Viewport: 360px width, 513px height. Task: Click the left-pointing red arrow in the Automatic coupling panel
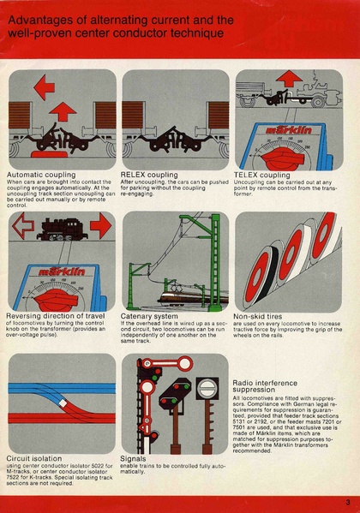(x=43, y=86)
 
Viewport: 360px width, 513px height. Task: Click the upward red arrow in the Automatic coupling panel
(x=61, y=110)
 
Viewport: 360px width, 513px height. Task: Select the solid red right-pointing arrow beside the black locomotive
(x=100, y=226)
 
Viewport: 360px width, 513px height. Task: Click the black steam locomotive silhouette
(x=61, y=228)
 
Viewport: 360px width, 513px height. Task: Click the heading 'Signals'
(x=135, y=458)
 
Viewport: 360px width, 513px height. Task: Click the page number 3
(x=348, y=502)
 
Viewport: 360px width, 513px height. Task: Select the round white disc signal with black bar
(x=208, y=388)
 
